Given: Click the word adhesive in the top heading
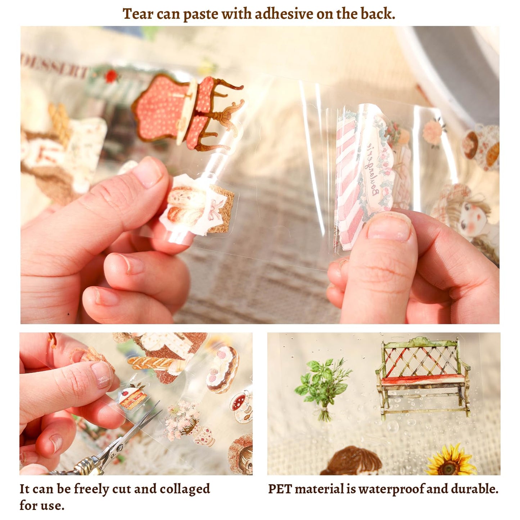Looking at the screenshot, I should click(284, 14).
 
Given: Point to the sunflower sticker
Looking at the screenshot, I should click(449, 461).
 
